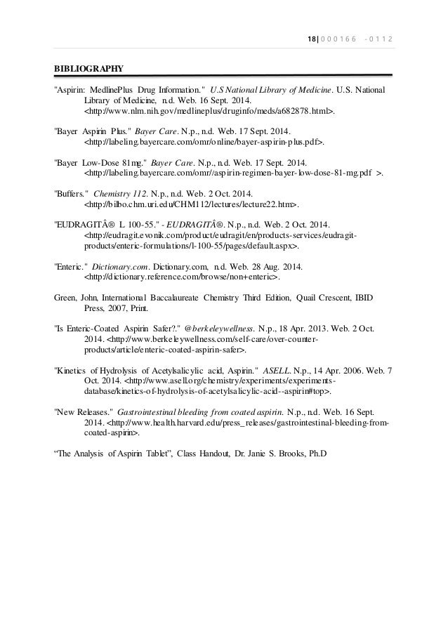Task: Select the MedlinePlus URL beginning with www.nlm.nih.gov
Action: (x=209, y=111)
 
